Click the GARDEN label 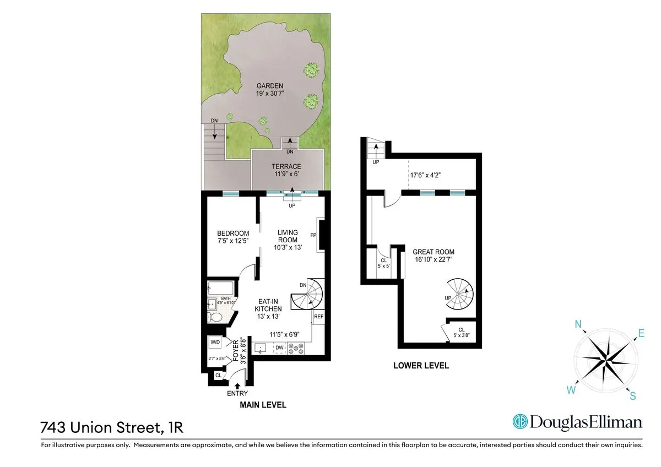click(x=269, y=86)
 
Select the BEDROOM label click(x=232, y=233)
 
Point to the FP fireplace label click(x=313, y=235)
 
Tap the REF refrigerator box click(x=318, y=317)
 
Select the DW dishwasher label click(x=279, y=347)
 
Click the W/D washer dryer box click(x=215, y=343)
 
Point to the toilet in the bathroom click(x=216, y=317)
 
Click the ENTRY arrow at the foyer click(x=237, y=386)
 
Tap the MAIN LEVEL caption click(x=263, y=405)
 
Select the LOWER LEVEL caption click(x=421, y=366)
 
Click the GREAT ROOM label click(x=434, y=252)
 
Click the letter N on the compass click(x=579, y=325)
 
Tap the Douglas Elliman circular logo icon click(x=520, y=422)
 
